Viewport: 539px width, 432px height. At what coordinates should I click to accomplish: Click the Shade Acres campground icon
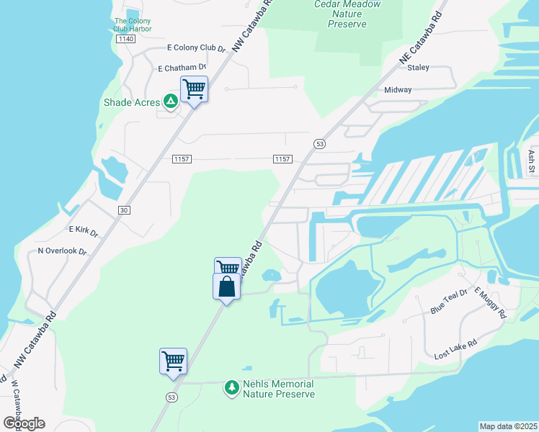point(171,102)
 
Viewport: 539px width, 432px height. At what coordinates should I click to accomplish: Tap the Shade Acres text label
point(133,102)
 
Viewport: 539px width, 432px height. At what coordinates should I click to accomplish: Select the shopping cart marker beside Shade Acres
point(194,90)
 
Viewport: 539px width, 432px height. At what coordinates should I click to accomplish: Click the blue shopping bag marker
point(226,287)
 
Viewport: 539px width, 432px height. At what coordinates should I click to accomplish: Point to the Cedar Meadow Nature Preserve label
point(341,14)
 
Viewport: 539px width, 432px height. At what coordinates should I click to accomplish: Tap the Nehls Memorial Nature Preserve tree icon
point(232,388)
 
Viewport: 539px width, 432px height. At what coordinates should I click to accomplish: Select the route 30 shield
point(124,210)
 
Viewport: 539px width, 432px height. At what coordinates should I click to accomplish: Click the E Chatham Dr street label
point(182,68)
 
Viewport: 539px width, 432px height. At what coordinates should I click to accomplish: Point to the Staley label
point(418,68)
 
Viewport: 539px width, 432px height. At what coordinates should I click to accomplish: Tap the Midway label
point(398,90)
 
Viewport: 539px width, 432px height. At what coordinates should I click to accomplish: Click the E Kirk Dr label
point(83,230)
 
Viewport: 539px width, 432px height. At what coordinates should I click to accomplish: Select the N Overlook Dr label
point(62,252)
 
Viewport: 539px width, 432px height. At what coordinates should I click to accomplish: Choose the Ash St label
point(531,162)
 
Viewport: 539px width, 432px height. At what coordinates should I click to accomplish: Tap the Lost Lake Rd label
point(455,351)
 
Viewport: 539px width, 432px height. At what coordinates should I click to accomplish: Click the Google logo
point(23,423)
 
